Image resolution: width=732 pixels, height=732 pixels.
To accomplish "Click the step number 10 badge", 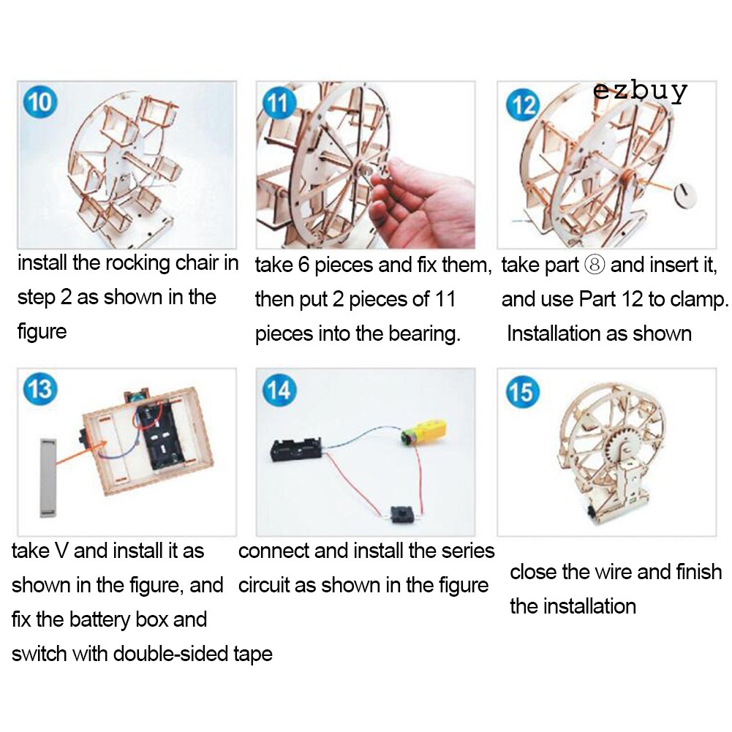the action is [40, 102].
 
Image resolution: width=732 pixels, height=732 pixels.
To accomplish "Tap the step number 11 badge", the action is [279, 103].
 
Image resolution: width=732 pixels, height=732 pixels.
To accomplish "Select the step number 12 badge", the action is [523, 105].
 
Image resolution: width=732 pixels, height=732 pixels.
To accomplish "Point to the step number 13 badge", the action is [40, 388].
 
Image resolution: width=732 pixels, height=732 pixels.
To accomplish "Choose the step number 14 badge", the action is [279, 390].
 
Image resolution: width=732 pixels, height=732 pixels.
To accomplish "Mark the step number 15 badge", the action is [523, 391].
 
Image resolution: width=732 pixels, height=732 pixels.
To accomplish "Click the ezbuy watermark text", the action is [640, 91].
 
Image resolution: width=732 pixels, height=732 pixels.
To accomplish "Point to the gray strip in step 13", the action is [48, 477].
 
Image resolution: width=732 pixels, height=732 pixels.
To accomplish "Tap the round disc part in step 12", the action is [684, 195].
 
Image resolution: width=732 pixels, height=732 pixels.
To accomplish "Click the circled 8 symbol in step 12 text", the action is [595, 265].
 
